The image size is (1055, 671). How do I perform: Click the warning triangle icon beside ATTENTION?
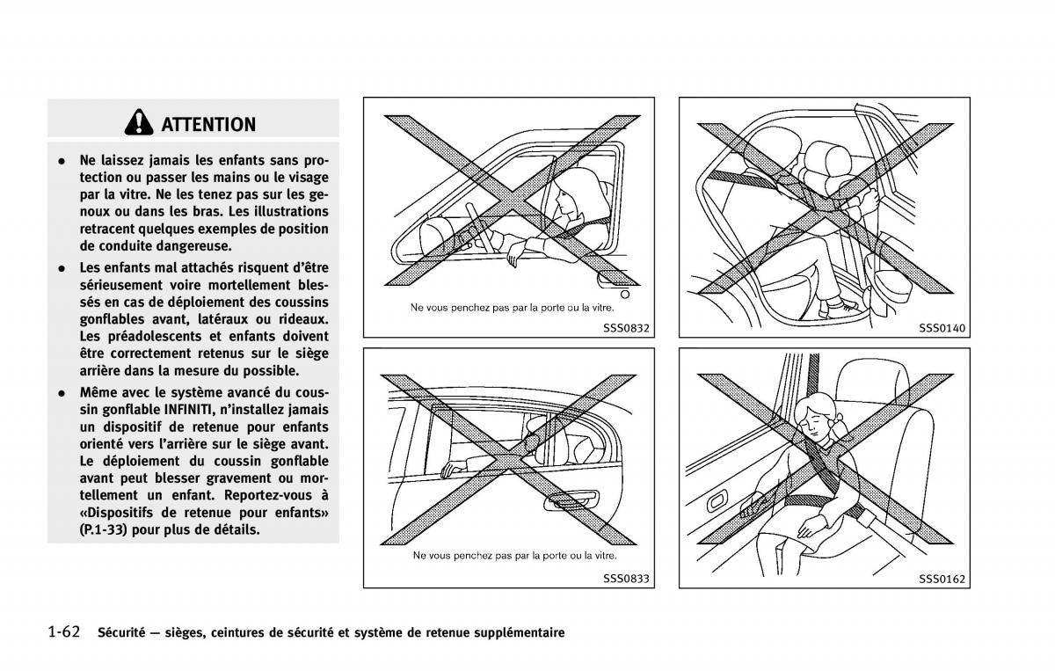click(139, 122)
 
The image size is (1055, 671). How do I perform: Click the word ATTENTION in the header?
click(208, 124)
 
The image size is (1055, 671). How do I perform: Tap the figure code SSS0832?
click(626, 328)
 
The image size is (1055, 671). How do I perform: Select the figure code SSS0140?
click(942, 328)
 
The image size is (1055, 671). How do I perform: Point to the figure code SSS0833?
click(626, 579)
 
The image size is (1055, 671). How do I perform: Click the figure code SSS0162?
click(942, 579)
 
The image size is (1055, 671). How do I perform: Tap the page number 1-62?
click(64, 632)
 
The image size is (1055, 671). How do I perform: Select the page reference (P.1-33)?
click(103, 529)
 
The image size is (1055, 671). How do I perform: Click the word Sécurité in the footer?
click(121, 632)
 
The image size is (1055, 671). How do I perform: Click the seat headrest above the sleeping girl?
click(874, 382)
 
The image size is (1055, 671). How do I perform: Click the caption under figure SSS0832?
click(512, 308)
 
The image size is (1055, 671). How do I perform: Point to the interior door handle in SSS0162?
click(717, 501)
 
